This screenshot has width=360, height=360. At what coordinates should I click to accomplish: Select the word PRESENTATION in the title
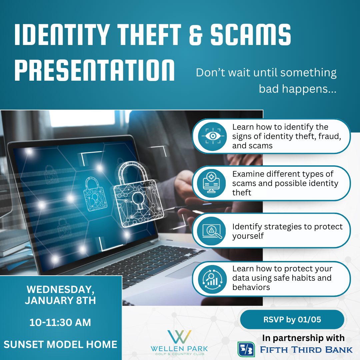point(95,70)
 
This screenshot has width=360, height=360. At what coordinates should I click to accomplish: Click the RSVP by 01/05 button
point(292,320)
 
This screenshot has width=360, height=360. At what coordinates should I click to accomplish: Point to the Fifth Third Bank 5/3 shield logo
point(246,349)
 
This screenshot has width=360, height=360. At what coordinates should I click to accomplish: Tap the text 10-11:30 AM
point(60,323)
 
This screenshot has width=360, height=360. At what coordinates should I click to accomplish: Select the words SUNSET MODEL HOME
point(60,344)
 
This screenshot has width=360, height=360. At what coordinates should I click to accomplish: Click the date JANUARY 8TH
point(60,300)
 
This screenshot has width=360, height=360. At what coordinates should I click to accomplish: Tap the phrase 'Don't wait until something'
point(266,73)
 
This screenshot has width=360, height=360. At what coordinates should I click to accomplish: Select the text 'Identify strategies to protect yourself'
point(287,231)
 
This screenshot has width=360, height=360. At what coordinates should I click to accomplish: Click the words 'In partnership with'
point(303,338)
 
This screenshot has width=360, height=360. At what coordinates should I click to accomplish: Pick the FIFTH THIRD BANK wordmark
point(306,349)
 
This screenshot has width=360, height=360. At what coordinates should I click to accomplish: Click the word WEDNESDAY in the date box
point(60,289)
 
